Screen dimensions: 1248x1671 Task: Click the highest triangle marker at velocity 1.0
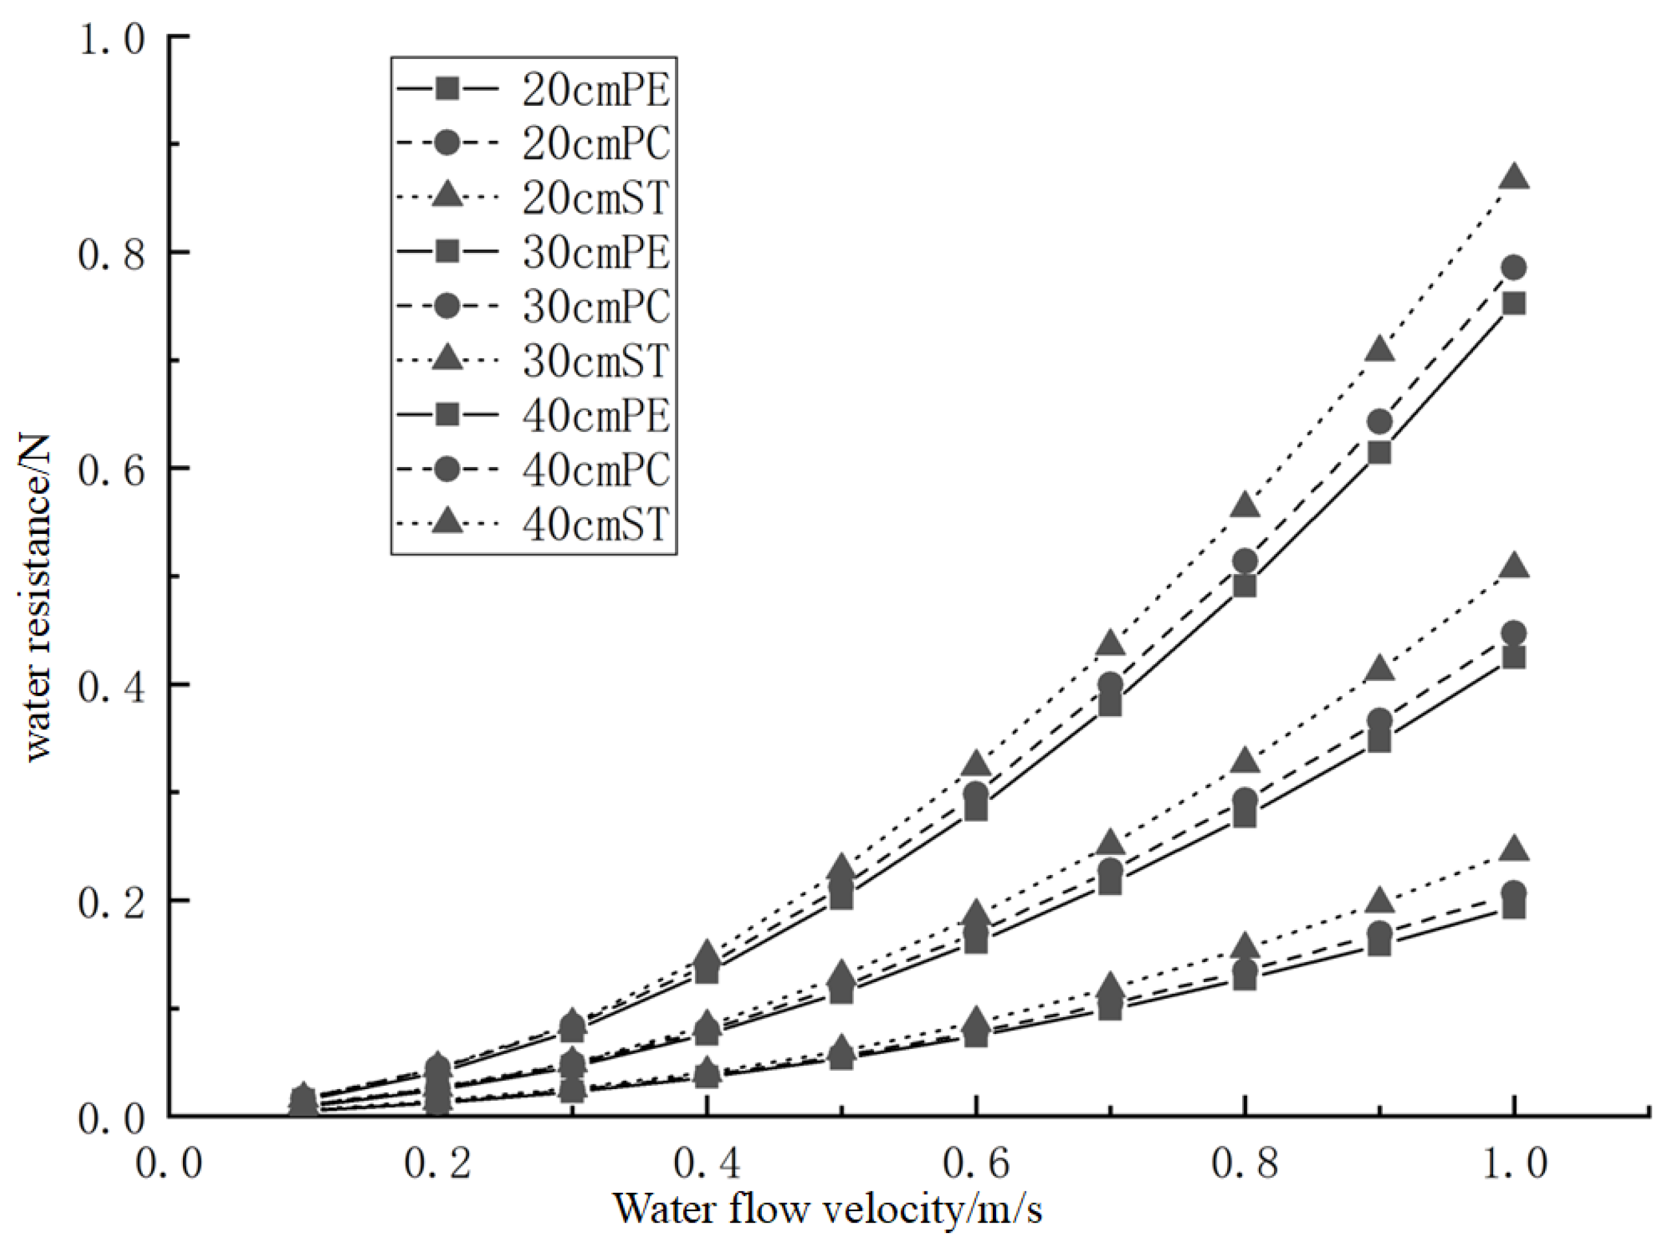[x=1514, y=178]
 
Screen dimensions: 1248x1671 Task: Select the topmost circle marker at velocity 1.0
[x=1514, y=267]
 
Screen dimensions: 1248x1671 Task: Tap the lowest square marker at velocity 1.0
[x=1514, y=907]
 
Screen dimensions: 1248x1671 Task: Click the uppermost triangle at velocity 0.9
[x=1380, y=350]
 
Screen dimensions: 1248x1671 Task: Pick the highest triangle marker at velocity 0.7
[x=1110, y=643]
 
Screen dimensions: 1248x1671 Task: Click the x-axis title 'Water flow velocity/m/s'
[x=827, y=1208]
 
